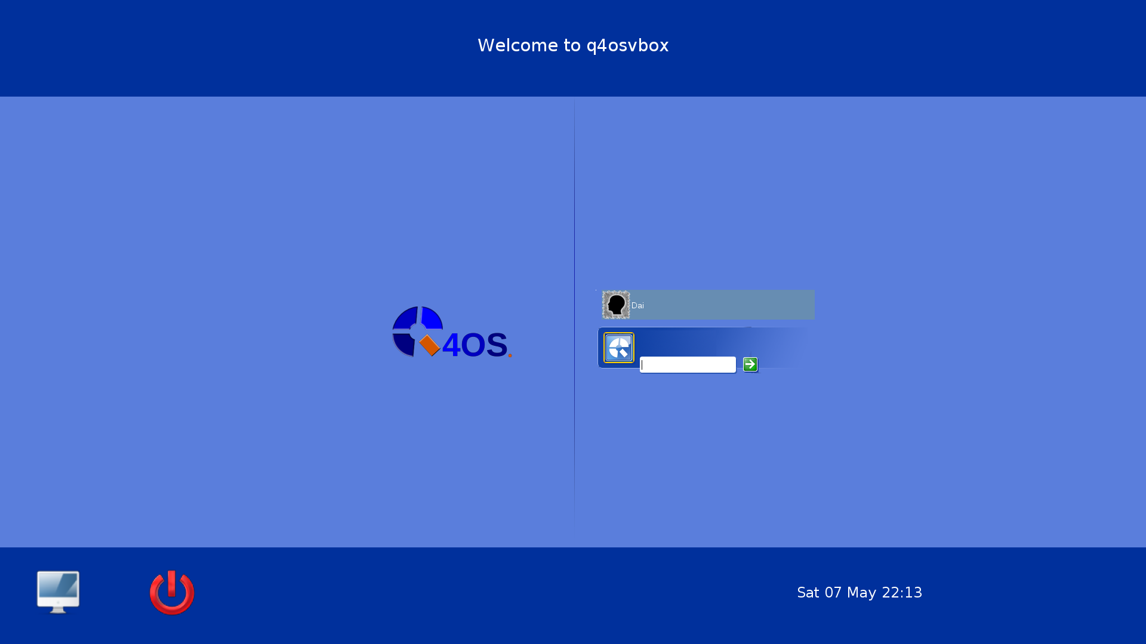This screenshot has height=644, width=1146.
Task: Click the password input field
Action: coord(688,364)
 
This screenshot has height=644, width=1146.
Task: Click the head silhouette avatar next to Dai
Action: coord(616,305)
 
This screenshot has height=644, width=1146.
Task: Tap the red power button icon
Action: coord(172,592)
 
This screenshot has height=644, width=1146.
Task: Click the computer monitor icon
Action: coord(58,592)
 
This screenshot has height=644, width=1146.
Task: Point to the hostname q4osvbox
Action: coord(627,46)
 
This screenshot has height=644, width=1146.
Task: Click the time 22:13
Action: coord(902,592)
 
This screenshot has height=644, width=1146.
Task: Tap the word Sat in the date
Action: coord(808,592)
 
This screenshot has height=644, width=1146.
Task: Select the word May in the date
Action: coord(861,593)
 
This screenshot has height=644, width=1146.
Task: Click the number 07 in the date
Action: coord(833,592)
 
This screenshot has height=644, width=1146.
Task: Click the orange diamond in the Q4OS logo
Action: coord(430,345)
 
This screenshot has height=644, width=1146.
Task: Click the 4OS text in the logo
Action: coord(475,345)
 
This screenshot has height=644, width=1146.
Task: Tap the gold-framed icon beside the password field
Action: coord(619,348)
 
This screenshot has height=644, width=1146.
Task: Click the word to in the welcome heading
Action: coord(572,45)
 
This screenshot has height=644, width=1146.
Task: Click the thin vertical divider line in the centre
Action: coord(574,313)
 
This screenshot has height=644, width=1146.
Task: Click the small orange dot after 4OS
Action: coord(510,356)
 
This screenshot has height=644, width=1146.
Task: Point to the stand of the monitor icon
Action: coord(58,609)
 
